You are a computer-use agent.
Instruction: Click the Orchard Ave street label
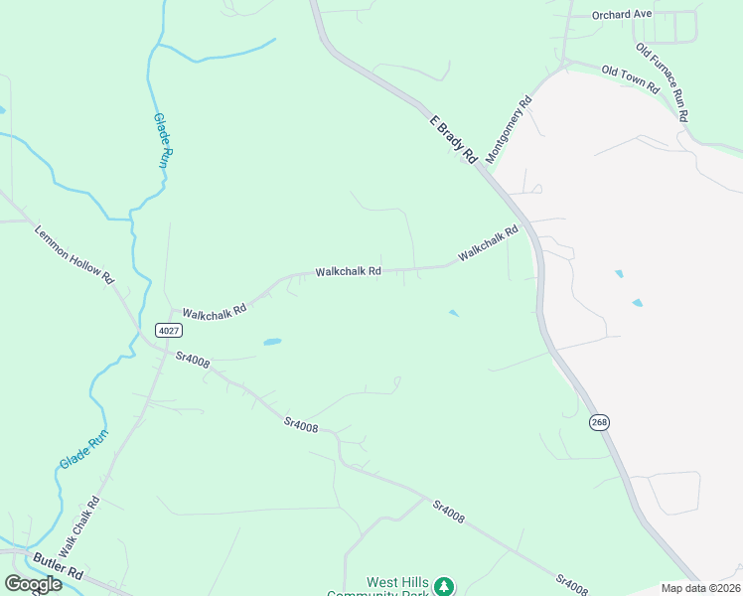[x=622, y=15]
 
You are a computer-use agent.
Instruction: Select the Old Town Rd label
[x=631, y=77]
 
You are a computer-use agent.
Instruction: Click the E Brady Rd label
[x=455, y=139]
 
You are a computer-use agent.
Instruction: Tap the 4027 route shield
[x=168, y=329]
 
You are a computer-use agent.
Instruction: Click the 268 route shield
[x=599, y=422]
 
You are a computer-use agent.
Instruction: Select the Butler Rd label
[x=58, y=568]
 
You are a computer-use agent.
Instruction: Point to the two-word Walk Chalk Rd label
[x=78, y=526]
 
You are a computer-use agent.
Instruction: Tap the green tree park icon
[x=446, y=586]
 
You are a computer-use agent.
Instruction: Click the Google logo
[x=33, y=584]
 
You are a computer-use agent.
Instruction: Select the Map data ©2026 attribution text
[x=700, y=588]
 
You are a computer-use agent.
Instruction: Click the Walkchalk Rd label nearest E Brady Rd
[x=488, y=244]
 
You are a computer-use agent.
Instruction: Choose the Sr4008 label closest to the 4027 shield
[x=193, y=360]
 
